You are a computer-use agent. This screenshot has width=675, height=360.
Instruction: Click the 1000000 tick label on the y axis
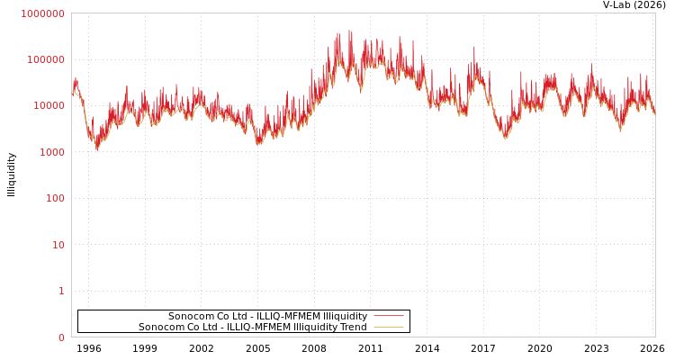[x=42, y=13]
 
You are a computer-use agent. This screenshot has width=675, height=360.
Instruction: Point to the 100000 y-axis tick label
[x=45, y=59]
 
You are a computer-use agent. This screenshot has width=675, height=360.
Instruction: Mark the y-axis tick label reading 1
[x=61, y=291]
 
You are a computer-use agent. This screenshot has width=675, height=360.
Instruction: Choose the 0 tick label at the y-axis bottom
[x=61, y=337]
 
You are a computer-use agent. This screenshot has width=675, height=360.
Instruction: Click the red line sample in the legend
[x=388, y=316]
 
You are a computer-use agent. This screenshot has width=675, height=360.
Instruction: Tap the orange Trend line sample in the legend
[x=388, y=327]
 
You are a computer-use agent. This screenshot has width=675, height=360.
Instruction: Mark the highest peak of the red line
[x=350, y=31]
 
